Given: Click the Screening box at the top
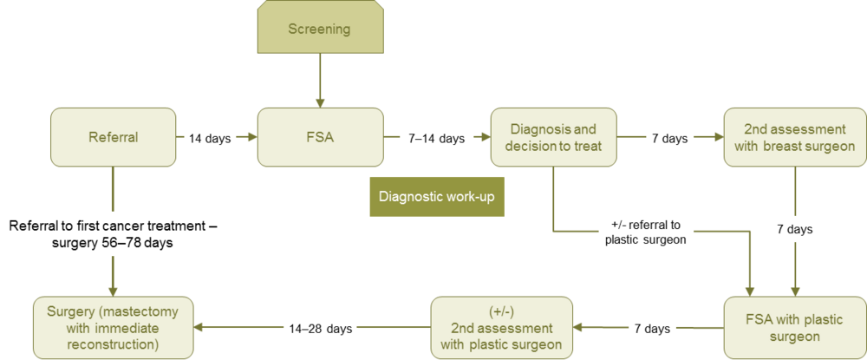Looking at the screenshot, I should (319, 29).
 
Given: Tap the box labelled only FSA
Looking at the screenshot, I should (320, 137).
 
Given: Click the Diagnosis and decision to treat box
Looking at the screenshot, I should (552, 137).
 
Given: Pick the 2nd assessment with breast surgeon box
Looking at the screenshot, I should (793, 137).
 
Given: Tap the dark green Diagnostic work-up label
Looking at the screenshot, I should (436, 197).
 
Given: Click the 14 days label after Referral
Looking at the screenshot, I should (210, 138).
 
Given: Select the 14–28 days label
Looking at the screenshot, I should (316, 329).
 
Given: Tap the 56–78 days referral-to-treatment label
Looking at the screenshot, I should (113, 234).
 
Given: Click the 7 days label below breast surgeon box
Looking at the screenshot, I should (793, 230).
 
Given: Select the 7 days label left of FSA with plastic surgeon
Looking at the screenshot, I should (650, 329).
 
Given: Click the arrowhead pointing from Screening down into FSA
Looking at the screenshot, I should (319, 101).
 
